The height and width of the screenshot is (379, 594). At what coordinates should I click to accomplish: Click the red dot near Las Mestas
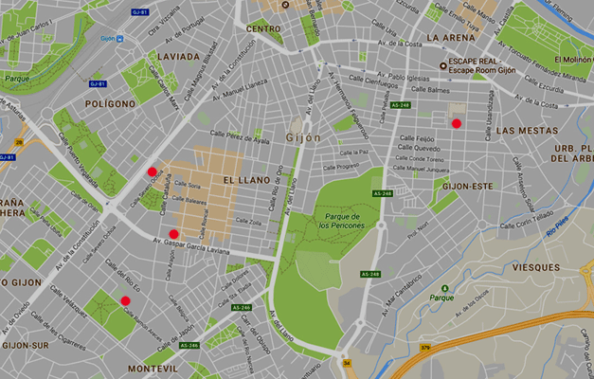coord(456,123)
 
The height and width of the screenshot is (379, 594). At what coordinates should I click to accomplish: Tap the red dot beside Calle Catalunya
coord(152,171)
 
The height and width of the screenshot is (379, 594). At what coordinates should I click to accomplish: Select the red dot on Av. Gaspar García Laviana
coord(173,233)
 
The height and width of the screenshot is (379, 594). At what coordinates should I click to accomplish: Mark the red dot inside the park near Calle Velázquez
coord(125,300)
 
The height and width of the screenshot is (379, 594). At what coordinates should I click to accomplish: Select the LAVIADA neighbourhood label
coord(178,56)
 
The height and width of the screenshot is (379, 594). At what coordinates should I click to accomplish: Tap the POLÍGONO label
coord(110,102)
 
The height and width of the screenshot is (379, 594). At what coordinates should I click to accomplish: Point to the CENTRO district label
coord(263,28)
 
